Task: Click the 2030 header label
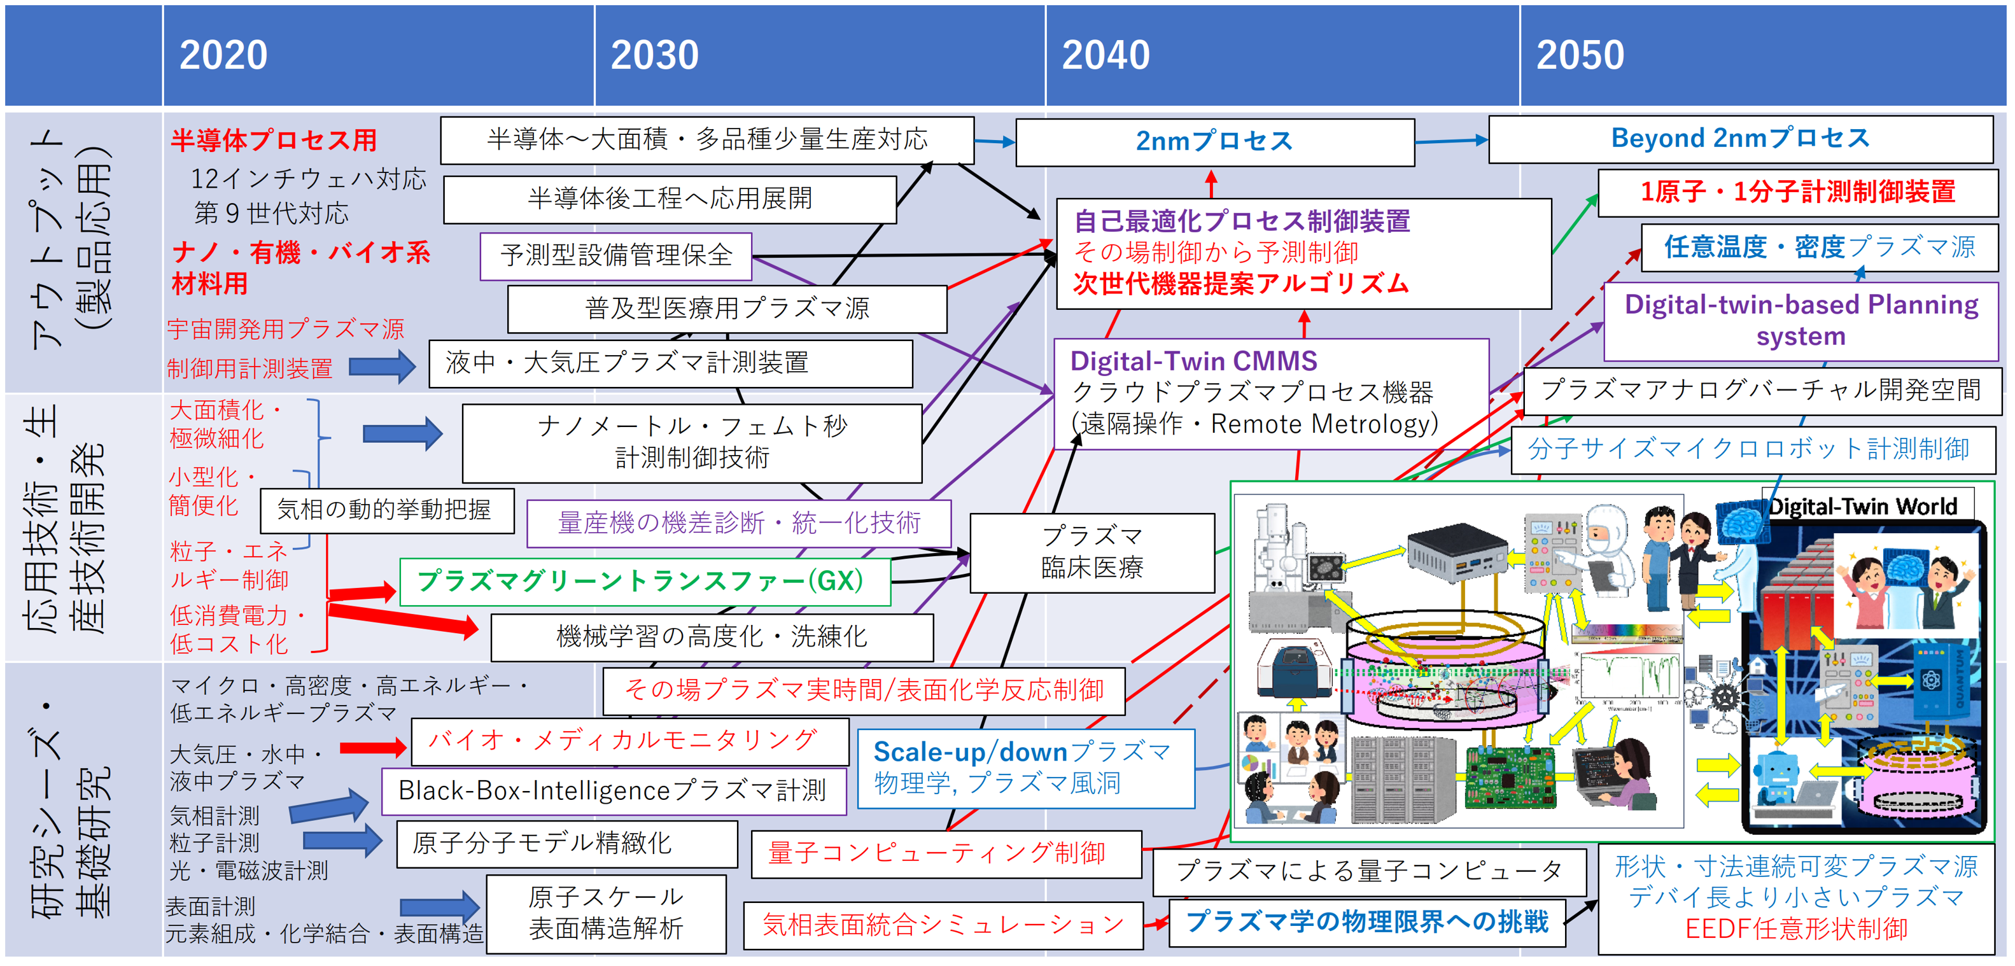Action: (x=654, y=55)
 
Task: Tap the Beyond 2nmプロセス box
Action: (x=1739, y=139)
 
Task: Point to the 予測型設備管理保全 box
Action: (x=615, y=256)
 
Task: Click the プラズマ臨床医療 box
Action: (x=1092, y=552)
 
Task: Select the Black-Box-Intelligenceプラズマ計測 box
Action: (x=614, y=791)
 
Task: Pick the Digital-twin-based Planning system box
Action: (x=1801, y=321)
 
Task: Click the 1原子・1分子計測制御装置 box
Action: (x=1797, y=192)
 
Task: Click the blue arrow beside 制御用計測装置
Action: (x=382, y=366)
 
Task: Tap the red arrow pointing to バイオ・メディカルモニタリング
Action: (x=373, y=748)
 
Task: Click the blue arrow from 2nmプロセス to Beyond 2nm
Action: (x=1451, y=141)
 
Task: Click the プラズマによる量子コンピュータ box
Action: (x=1368, y=871)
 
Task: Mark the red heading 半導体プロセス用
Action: (x=274, y=141)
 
